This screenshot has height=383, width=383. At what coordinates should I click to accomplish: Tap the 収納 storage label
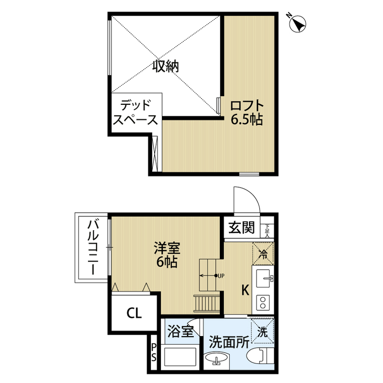coord(166,67)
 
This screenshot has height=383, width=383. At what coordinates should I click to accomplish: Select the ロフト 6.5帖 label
coord(247,113)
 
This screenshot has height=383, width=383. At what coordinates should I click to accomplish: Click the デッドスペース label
coord(136,112)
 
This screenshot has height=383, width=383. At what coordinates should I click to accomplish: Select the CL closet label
coord(134,314)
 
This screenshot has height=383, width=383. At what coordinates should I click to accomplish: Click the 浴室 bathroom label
coord(180,330)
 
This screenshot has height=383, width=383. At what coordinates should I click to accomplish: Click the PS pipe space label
coord(154,352)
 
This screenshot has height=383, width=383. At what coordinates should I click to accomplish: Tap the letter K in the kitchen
coord(244,290)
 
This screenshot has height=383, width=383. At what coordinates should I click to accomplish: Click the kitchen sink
coord(263,277)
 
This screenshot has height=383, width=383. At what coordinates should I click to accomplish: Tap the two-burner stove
coord(263,302)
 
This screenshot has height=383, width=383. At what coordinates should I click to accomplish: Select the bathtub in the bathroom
coord(180,358)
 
